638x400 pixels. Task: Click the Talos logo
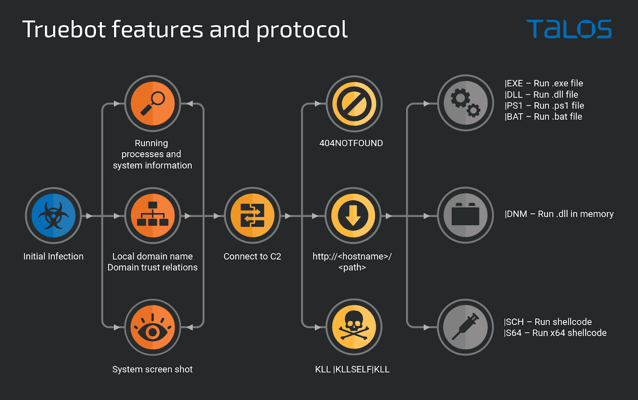point(569,29)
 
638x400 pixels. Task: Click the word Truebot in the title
point(64,29)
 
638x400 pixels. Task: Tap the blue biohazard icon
point(53,216)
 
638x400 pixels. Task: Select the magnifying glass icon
point(153,104)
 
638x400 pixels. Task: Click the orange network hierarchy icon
point(153,216)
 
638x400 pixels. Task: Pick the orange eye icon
point(153,327)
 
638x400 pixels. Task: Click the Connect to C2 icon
point(252,216)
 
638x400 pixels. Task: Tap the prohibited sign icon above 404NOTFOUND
point(354,104)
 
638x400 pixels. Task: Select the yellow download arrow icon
point(353,216)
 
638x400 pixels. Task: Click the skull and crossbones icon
point(354,327)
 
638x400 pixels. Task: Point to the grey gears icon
point(466,103)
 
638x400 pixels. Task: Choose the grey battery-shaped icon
point(466,215)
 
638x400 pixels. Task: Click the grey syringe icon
point(466,327)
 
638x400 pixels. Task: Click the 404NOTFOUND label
point(351,143)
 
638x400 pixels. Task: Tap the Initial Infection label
point(53,256)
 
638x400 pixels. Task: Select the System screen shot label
point(152,369)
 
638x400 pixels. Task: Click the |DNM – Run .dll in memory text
point(559,214)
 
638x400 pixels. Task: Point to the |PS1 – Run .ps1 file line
point(544,106)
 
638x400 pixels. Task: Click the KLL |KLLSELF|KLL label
point(352,369)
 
